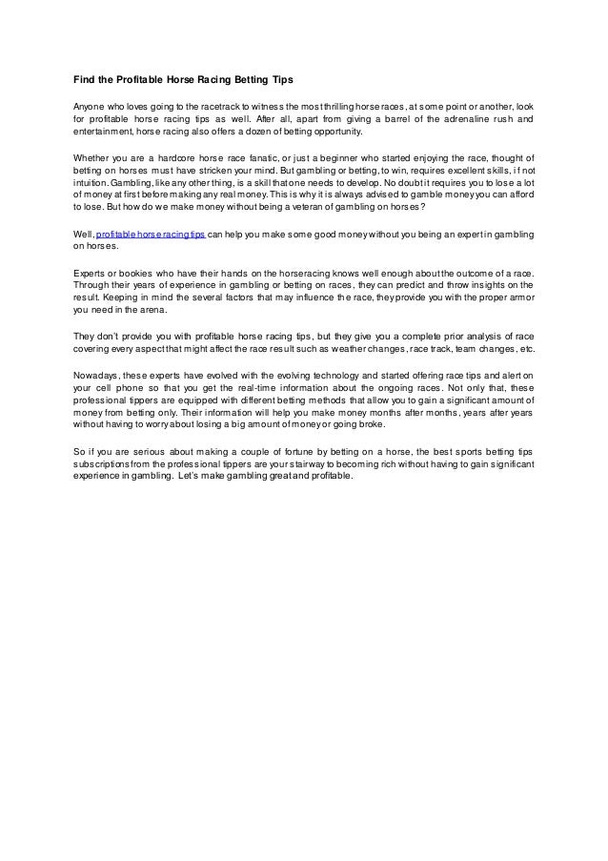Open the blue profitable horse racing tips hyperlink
151,234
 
